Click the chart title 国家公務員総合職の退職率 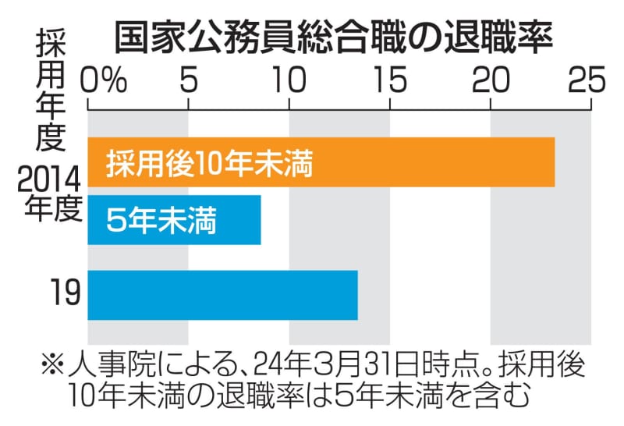[334, 34]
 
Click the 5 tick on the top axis [188, 80]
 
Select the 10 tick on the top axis [289, 80]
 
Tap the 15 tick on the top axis [388, 80]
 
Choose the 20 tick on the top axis [490, 80]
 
